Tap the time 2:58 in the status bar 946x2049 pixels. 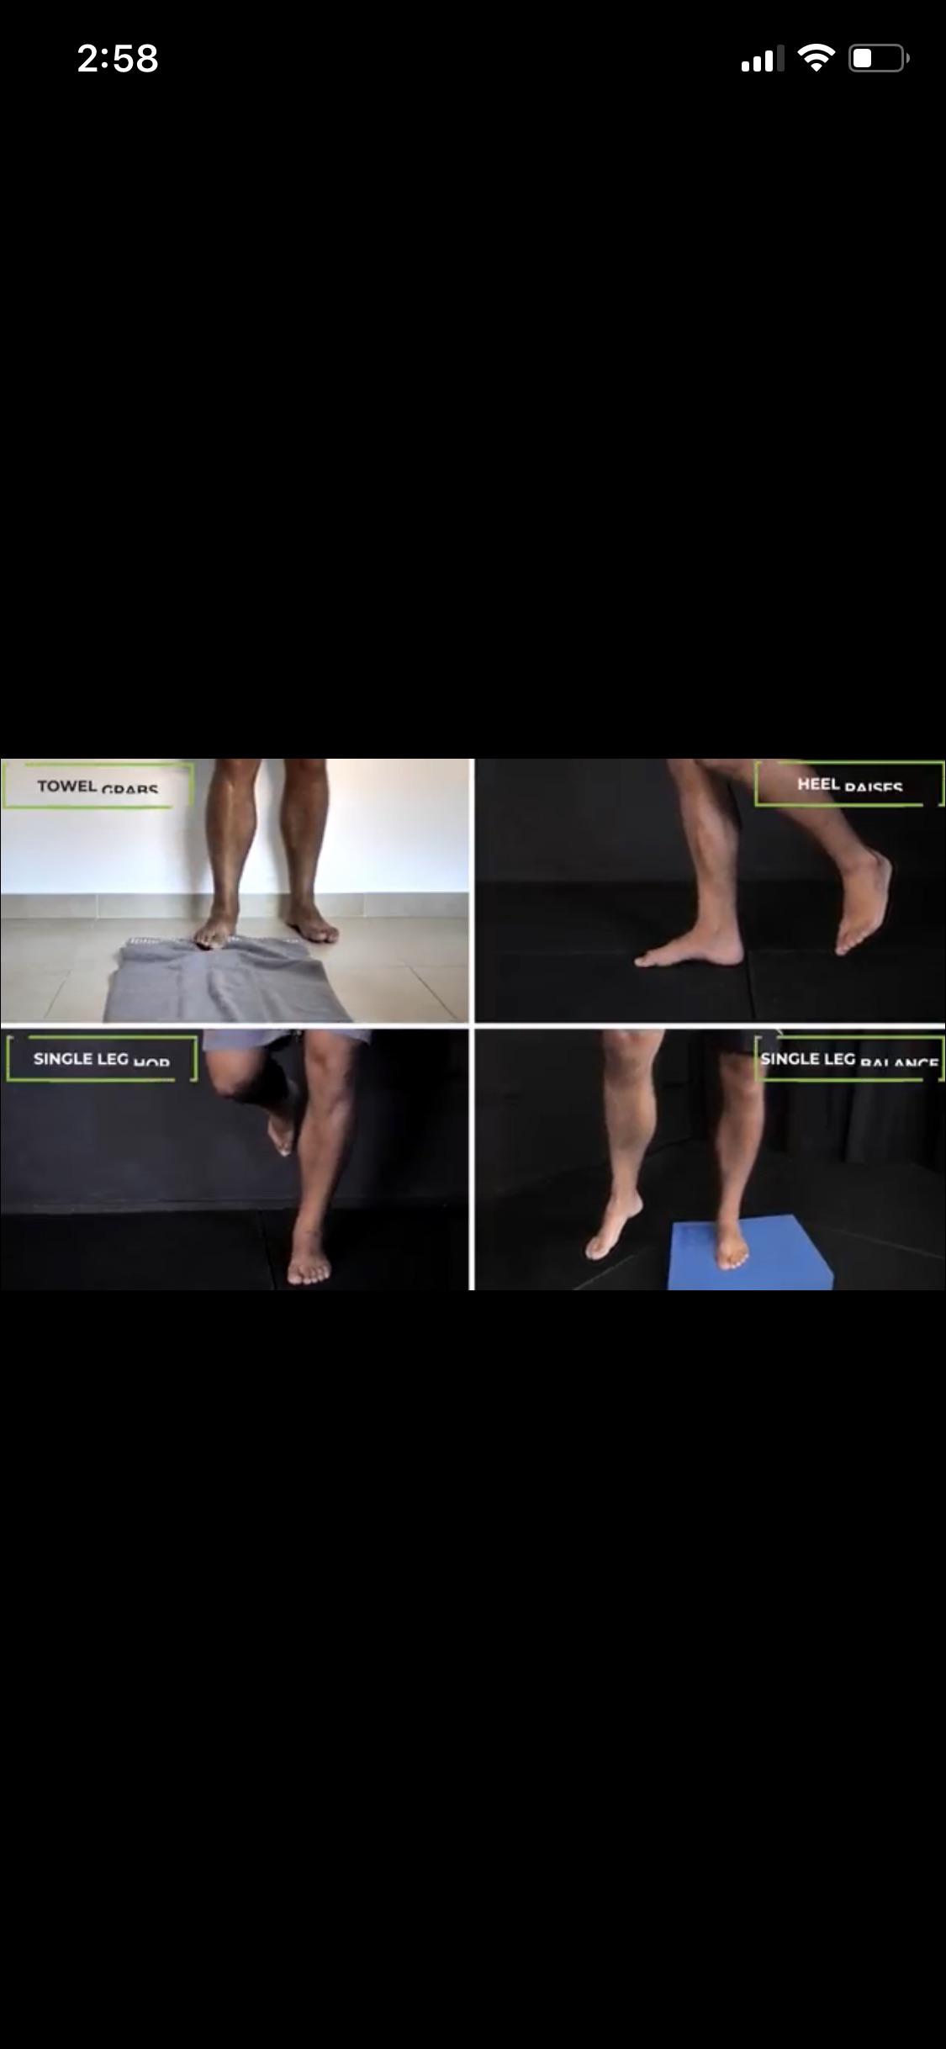[x=118, y=59]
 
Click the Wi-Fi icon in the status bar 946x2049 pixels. [x=815, y=58]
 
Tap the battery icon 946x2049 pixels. [x=877, y=59]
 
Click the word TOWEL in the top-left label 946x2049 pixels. [x=66, y=786]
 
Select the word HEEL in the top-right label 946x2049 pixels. [x=817, y=784]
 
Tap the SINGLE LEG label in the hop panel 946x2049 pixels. [x=81, y=1058]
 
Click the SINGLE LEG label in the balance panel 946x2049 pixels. [x=807, y=1058]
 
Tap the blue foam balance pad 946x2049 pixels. [x=753, y=1262]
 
